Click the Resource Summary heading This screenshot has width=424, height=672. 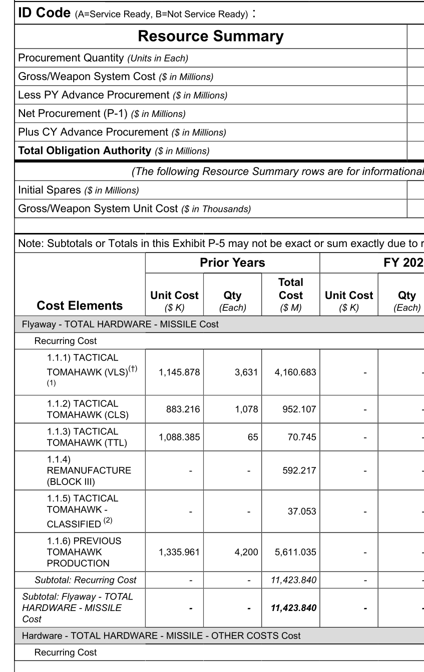coord(210,36)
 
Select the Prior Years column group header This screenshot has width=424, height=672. coord(232,262)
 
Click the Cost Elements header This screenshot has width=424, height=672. coord(80,305)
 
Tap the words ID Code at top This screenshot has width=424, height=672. coord(44,13)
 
